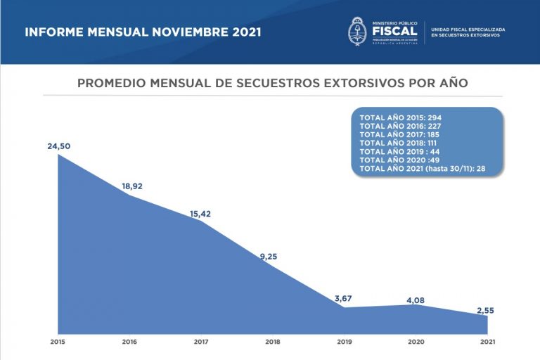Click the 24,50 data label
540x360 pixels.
click(59, 146)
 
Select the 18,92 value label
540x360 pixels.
click(132, 186)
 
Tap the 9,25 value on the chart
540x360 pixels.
click(269, 256)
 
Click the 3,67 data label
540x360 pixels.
click(343, 299)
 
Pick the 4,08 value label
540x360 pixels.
click(415, 300)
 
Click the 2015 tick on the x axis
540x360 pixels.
click(58, 342)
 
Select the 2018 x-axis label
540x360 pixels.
click(273, 342)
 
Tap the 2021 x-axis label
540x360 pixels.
click(487, 342)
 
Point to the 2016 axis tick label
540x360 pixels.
click(130, 342)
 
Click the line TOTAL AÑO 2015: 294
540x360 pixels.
click(400, 117)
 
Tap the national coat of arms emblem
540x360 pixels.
click(357, 32)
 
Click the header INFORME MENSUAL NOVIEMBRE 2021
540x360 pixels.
click(143, 32)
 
